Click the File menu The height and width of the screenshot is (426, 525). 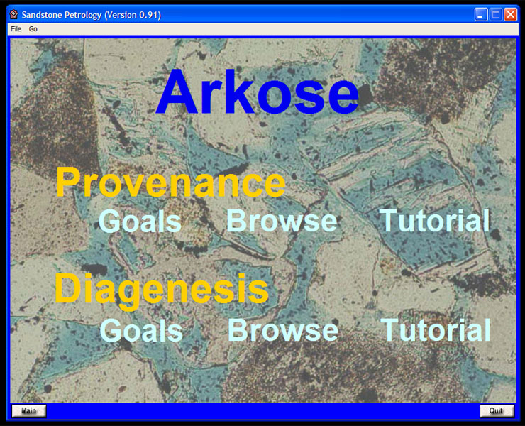point(16,29)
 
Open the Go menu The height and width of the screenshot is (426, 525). point(33,29)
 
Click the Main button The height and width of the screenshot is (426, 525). point(29,411)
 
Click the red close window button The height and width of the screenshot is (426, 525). point(511,15)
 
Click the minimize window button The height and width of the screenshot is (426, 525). point(481,15)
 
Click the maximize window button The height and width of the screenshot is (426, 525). point(496,15)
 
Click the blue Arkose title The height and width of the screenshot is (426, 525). point(257,92)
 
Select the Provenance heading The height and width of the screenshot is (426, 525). point(170,182)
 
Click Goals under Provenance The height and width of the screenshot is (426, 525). point(140,221)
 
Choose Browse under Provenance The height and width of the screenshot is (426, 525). point(282,220)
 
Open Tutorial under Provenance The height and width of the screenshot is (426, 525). point(435,220)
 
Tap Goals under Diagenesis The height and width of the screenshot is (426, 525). point(141,330)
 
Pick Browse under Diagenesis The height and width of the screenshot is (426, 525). point(283,330)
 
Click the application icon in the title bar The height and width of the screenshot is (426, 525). point(13,14)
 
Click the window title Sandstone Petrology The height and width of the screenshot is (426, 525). point(62,15)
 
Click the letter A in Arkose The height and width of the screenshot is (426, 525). point(178,92)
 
